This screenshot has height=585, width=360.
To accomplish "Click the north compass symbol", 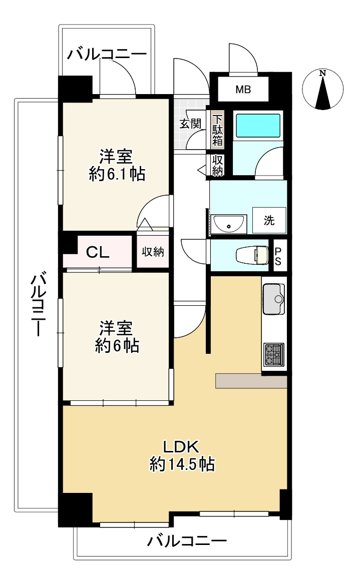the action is pos(322,90).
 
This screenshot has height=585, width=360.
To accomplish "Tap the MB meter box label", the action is pos(243,90).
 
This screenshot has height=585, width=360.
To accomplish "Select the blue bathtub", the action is pos(258,126).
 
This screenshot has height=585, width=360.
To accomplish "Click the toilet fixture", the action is pos(252,256).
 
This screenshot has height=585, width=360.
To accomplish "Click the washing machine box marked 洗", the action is pos(269,221).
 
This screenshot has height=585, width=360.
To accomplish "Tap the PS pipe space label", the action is pos(278,256).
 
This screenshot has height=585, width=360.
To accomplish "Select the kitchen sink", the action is pos(274,299).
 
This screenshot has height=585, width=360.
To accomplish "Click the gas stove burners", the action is pos(274,354).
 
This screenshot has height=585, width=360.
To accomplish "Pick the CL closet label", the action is pos(98,253).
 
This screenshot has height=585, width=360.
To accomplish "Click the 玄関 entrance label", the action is pos(191,124).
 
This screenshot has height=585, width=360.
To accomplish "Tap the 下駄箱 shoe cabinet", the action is pos(218,130).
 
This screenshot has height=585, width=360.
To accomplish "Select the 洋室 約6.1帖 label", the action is pos(117,165).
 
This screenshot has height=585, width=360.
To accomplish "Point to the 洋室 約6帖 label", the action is pos(117,337).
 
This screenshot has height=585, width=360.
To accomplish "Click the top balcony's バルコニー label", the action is pos(107,55).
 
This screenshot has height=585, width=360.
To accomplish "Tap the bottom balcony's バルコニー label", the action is pos(187,540).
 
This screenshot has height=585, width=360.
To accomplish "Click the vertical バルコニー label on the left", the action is pos(38,304).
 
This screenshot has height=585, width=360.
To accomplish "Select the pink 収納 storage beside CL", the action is pos(153,251).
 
